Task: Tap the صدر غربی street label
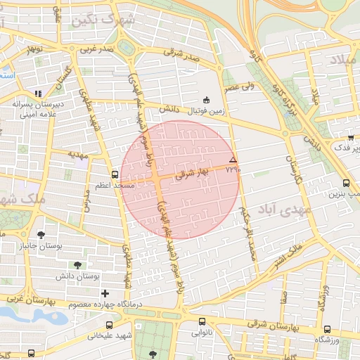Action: (x=96, y=49)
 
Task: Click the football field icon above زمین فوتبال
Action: (x=206, y=100)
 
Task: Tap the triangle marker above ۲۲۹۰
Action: (x=233, y=161)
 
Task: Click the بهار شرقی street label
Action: (x=193, y=173)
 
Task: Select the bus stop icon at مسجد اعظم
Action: (x=115, y=174)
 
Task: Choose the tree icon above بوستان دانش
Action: (x=77, y=265)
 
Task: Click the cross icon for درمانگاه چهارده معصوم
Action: (x=105, y=292)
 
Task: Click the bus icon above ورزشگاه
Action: (x=326, y=328)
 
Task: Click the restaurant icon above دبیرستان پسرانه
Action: (x=38, y=93)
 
